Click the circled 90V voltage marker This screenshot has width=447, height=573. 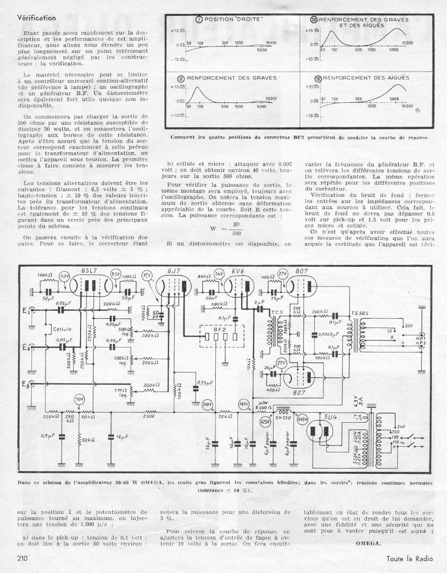pyautogui.click(x=80, y=399)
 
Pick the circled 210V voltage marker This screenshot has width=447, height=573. pyautogui.click(x=208, y=405)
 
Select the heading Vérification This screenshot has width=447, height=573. pyautogui.click(x=37, y=18)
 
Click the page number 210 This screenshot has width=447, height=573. pyautogui.click(x=22, y=558)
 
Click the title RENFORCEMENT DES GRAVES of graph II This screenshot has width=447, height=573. pyautogui.click(x=231, y=77)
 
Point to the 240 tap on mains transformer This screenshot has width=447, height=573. pyautogui.click(x=400, y=427)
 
